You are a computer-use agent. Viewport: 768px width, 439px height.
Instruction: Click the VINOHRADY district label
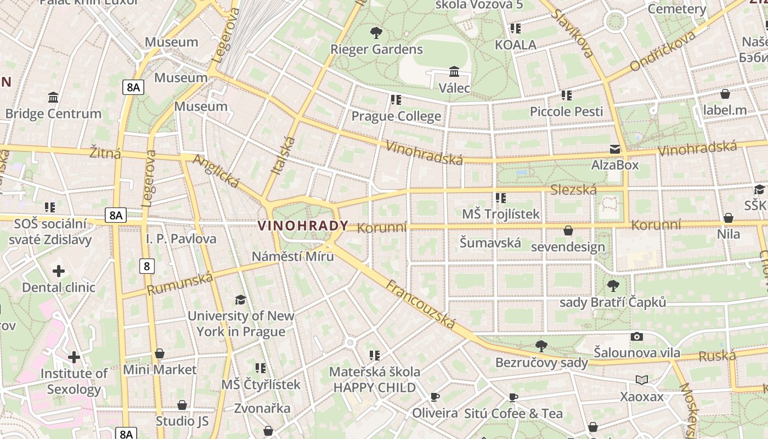pyautogui.click(x=303, y=226)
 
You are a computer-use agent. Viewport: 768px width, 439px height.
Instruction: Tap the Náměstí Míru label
pyautogui.click(x=292, y=256)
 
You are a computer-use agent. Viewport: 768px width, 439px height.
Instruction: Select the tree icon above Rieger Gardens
pyautogui.click(x=376, y=32)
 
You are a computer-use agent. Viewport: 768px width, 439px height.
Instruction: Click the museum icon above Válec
pyautogui.click(x=454, y=71)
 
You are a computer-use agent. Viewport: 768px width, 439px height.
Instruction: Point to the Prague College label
pyautogui.click(x=396, y=116)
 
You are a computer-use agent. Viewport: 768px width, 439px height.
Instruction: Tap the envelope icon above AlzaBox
pyautogui.click(x=614, y=149)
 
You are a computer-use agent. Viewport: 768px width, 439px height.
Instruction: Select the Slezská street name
pyautogui.click(x=573, y=190)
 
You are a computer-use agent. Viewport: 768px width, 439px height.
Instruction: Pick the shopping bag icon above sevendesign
pyautogui.click(x=568, y=230)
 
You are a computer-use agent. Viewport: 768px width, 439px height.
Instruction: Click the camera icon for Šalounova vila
pyautogui.click(x=636, y=336)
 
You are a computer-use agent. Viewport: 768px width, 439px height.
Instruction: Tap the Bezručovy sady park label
pyautogui.click(x=541, y=363)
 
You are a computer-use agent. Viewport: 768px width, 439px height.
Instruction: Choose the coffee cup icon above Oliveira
pyautogui.click(x=435, y=397)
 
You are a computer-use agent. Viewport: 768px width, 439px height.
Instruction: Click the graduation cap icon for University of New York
pyautogui.click(x=240, y=300)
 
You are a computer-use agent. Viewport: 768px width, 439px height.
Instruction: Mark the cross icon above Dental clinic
pyautogui.click(x=59, y=271)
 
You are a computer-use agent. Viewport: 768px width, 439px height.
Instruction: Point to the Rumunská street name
pyautogui.click(x=180, y=284)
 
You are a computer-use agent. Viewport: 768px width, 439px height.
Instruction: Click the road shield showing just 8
pyautogui.click(x=146, y=266)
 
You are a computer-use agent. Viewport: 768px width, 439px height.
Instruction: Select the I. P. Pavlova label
pyautogui.click(x=181, y=239)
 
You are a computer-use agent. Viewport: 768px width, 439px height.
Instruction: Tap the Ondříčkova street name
pyautogui.click(x=663, y=51)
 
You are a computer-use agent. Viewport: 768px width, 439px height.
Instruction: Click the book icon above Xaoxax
pyautogui.click(x=642, y=380)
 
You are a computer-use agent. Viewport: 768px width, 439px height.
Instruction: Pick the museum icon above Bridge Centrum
pyautogui.click(x=53, y=97)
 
